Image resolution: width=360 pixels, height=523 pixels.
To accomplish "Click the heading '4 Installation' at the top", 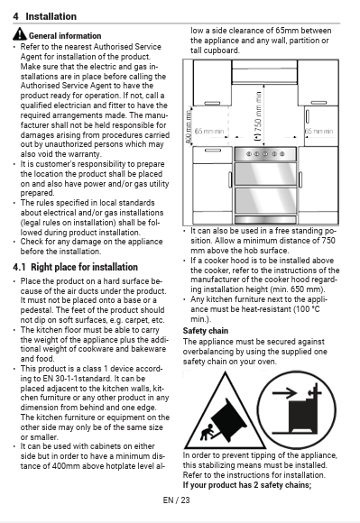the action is click(x=45, y=16).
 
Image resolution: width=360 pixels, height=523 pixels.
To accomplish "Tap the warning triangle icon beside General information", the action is click(x=20, y=33).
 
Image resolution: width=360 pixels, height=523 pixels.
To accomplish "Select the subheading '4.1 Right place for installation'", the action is click(x=76, y=267).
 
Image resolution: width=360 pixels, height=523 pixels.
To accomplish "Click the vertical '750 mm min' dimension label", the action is click(x=258, y=116).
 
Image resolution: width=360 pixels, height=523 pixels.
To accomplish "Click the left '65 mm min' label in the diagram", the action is click(x=209, y=131).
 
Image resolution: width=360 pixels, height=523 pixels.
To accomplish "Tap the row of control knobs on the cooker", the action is click(x=265, y=154).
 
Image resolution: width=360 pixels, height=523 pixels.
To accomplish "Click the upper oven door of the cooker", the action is click(x=265, y=173).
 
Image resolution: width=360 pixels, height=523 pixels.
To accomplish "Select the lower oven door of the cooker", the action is click(x=265, y=200).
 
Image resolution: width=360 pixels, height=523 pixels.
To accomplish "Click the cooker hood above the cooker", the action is click(x=264, y=71).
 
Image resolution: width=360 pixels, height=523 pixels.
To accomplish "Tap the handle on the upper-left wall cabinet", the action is click(x=212, y=103).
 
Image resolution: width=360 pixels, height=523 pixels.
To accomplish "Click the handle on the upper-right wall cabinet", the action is click(x=318, y=103).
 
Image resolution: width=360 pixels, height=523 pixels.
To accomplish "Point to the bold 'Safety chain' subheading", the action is click(x=206, y=331).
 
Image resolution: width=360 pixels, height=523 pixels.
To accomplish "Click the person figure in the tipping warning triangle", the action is click(x=208, y=432).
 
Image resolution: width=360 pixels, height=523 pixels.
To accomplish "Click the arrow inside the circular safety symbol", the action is click(x=284, y=393).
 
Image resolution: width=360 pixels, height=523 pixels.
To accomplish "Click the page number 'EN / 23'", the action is click(x=176, y=500).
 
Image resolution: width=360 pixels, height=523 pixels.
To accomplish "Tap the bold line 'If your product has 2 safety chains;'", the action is click(x=247, y=484).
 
